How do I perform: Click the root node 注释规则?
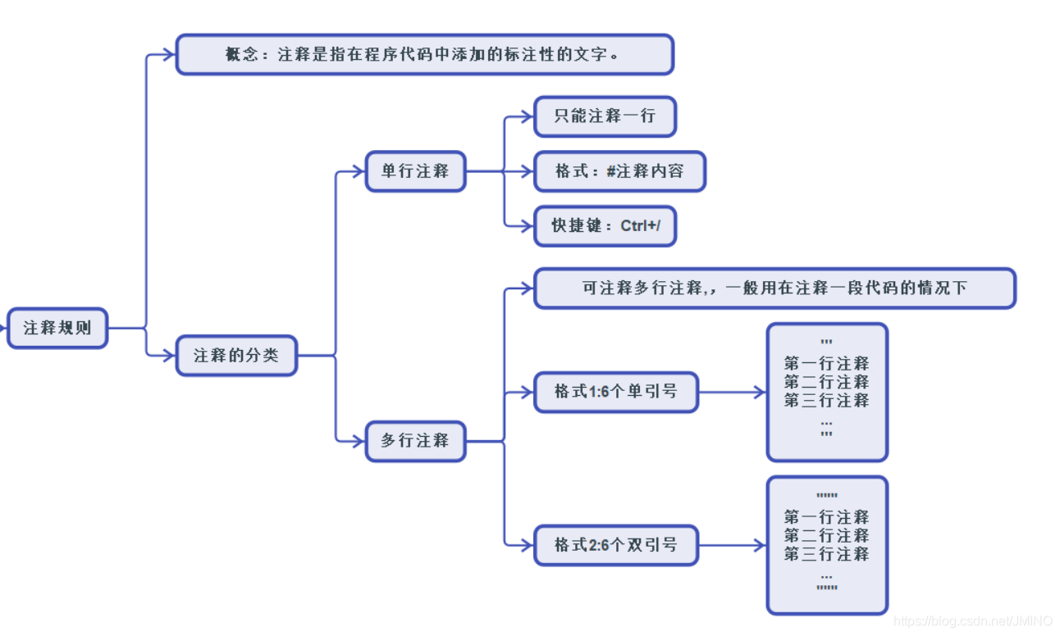tap(57, 328)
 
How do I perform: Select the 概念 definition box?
tap(424, 55)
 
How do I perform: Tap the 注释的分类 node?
tap(236, 356)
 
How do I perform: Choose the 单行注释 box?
tap(415, 171)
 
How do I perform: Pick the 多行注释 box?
tap(415, 441)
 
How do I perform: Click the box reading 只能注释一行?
tap(605, 116)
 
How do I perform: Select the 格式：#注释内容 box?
tap(619, 171)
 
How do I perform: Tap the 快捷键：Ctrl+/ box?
tap(605, 225)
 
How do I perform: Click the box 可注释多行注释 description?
tap(774, 288)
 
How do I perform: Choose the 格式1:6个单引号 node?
tap(615, 392)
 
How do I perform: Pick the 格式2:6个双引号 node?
tap(615, 545)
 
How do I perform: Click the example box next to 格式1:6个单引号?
tap(827, 392)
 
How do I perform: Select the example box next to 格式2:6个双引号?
tap(827, 545)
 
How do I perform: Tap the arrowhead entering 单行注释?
tap(359, 171)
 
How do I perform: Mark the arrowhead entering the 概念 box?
tap(170, 55)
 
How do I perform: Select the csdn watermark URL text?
tap(973, 622)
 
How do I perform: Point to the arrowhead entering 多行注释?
tap(359, 441)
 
